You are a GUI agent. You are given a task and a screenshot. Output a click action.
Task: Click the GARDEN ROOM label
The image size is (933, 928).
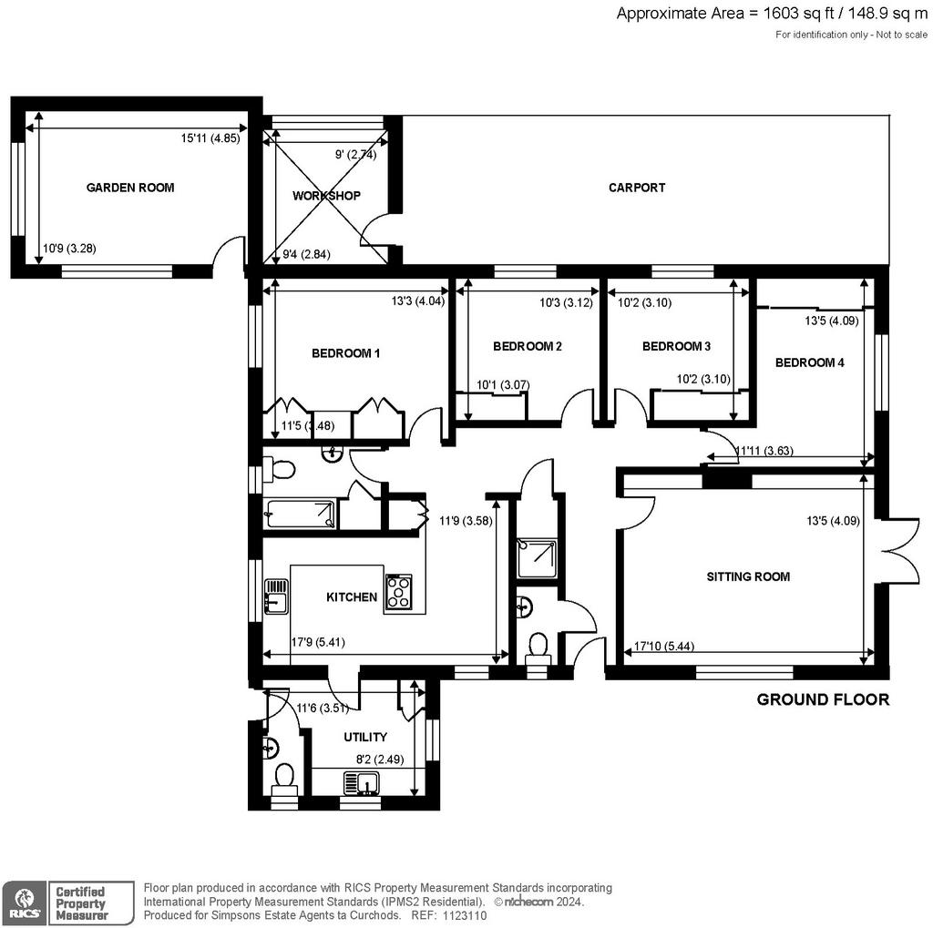click(130, 188)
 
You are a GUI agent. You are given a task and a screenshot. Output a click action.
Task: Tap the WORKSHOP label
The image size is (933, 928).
click(326, 196)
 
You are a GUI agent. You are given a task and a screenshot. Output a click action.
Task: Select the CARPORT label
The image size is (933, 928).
click(637, 188)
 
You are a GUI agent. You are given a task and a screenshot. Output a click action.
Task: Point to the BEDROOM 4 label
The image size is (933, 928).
click(809, 362)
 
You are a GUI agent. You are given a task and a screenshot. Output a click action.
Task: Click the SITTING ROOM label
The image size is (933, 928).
click(748, 576)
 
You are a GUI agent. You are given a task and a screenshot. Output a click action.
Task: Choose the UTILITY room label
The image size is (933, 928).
click(365, 737)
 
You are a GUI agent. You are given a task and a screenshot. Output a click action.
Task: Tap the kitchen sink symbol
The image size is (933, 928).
click(275, 597)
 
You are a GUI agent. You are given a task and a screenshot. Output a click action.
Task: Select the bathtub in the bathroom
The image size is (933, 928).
click(301, 514)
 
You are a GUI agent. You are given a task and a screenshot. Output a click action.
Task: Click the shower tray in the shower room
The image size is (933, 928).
click(538, 558)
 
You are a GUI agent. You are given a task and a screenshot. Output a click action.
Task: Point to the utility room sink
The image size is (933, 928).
click(362, 783)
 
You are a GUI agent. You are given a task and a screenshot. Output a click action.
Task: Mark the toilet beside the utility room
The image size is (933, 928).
click(284, 780)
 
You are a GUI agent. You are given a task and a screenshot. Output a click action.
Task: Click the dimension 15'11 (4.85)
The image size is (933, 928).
click(210, 138)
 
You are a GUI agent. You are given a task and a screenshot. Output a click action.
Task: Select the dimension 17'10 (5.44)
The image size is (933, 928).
click(664, 646)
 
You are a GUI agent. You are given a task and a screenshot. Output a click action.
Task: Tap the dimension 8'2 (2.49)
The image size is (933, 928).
click(380, 760)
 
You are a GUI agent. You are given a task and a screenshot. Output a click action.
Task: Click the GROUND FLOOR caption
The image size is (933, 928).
click(823, 699)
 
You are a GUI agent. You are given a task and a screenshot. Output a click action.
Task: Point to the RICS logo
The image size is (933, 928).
click(24, 903)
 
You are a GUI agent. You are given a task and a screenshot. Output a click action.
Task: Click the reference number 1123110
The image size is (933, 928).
click(464, 916)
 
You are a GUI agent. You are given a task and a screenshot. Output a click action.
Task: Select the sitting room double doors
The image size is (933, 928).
click(897, 551)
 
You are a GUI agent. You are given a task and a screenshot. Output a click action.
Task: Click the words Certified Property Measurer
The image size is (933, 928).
click(81, 903)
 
